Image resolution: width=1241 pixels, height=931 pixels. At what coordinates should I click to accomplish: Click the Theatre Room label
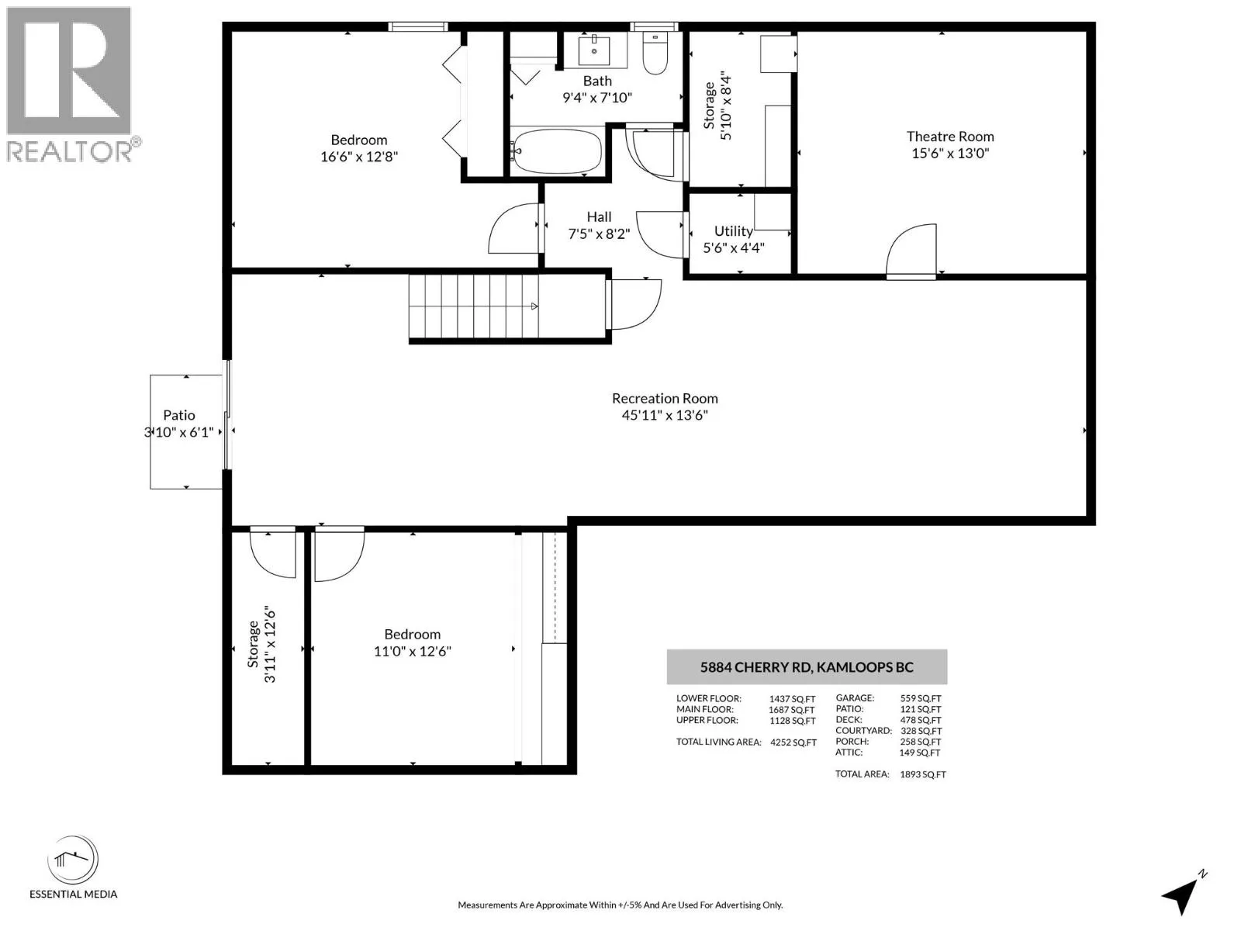coord(950,137)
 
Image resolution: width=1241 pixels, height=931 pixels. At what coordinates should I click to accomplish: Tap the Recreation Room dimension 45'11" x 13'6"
coord(665,415)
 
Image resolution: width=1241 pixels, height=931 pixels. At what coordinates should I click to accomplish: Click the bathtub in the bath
coord(556,151)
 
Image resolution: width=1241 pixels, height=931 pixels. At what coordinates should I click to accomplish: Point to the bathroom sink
coord(594,49)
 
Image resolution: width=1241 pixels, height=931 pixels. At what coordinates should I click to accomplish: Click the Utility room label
coord(733,231)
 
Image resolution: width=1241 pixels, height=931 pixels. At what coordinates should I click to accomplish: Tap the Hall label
coord(599,217)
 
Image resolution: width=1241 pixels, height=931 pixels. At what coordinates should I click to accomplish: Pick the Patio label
coord(179,416)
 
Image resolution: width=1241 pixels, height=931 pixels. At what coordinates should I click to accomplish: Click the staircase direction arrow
coord(534,306)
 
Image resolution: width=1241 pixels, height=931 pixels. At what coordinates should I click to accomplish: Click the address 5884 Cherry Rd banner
coord(807,667)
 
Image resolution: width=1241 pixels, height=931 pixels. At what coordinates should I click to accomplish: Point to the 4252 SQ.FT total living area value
coord(793,742)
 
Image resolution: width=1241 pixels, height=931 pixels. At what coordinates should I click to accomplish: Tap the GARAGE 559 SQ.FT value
coord(921,699)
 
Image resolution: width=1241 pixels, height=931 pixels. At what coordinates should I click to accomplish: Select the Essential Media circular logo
coord(73,859)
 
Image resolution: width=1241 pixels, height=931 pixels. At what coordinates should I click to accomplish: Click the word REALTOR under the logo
coord(69,151)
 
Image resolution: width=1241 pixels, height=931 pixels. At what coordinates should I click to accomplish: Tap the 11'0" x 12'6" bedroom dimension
coord(412,651)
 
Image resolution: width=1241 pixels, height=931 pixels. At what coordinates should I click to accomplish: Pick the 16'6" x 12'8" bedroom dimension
coord(359,157)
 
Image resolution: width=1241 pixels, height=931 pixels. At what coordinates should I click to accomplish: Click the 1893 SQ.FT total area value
coord(923,774)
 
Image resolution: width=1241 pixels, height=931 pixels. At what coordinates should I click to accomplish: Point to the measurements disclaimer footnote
coord(620,905)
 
